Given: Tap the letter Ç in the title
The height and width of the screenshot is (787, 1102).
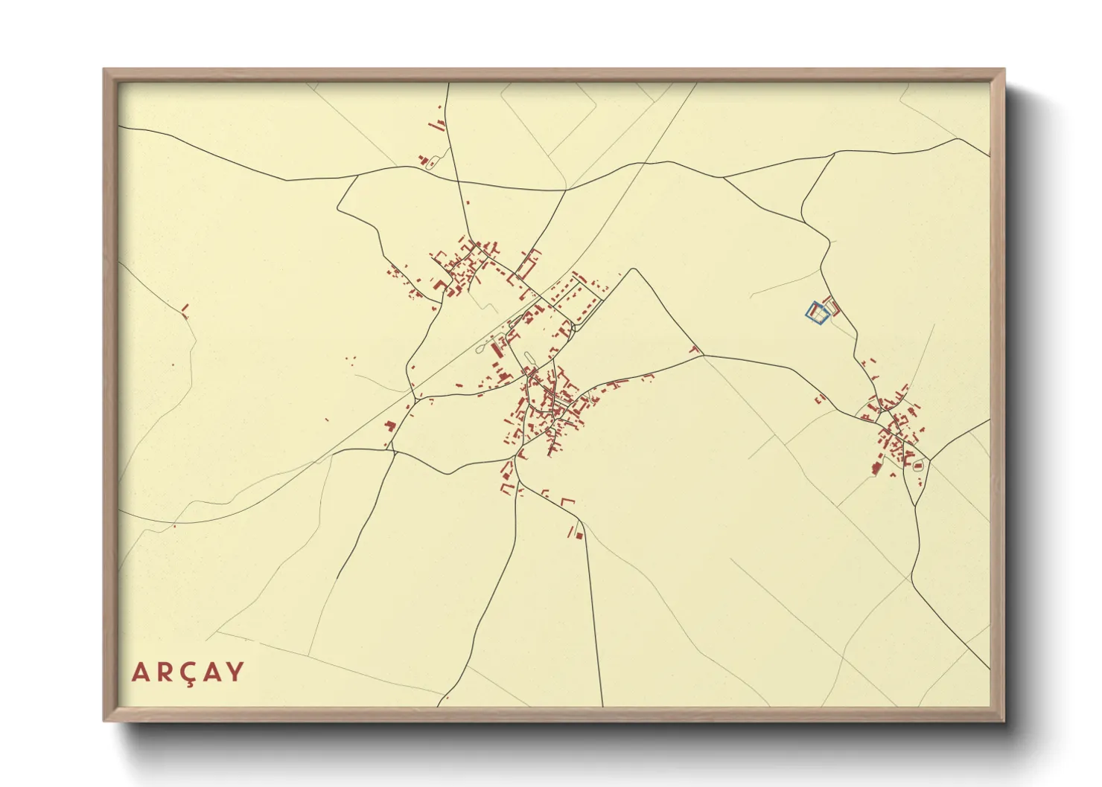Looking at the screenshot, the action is pos(188,672).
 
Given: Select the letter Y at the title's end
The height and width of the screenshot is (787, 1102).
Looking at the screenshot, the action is pos(235,672).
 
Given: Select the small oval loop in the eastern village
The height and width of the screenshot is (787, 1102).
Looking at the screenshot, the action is pos(917,466).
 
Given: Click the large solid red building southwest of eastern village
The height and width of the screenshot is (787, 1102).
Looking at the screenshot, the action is pos(876,468).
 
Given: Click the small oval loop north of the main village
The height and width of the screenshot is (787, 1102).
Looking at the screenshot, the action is pos(529,358).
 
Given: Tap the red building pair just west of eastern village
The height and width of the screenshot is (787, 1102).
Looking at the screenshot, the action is pos(821,398).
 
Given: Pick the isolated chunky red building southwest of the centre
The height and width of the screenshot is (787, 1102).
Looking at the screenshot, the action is pos(389,426).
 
